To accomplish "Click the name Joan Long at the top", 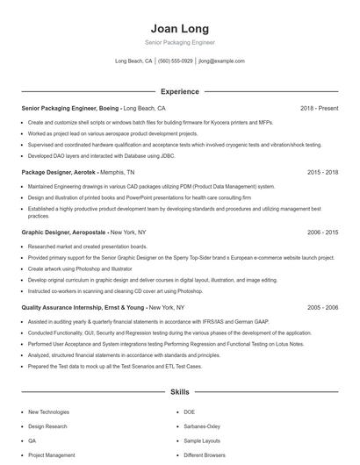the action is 179,27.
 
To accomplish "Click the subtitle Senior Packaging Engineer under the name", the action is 179,42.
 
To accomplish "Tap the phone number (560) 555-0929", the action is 176,61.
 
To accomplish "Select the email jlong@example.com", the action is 221,61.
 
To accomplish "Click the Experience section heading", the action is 179,91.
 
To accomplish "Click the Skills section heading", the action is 179,393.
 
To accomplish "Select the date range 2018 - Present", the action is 319,108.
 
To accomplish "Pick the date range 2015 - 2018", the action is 322,173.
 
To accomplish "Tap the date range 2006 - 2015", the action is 322,232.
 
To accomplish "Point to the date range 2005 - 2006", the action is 322,308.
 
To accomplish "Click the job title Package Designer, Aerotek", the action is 59,173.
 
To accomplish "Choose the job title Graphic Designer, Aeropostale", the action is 64,232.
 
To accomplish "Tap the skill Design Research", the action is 47,426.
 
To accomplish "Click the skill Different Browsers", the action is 204,455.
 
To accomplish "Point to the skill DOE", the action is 189,411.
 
